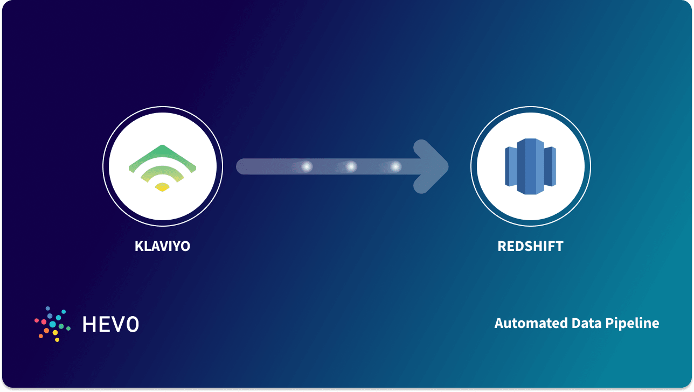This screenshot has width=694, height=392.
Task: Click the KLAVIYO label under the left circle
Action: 162,247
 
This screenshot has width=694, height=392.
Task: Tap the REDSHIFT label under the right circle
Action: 530,247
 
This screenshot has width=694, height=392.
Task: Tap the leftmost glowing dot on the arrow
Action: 307,167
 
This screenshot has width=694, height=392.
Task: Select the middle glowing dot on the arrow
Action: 351,167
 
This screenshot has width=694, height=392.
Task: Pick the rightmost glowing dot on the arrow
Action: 395,167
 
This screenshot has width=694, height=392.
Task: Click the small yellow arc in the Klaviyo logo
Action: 162,187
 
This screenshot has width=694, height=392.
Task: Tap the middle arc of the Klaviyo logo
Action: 162,172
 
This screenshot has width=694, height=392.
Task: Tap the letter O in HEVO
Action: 131,324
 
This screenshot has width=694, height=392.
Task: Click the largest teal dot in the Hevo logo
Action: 53,324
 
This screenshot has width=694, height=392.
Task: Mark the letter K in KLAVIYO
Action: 138,247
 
